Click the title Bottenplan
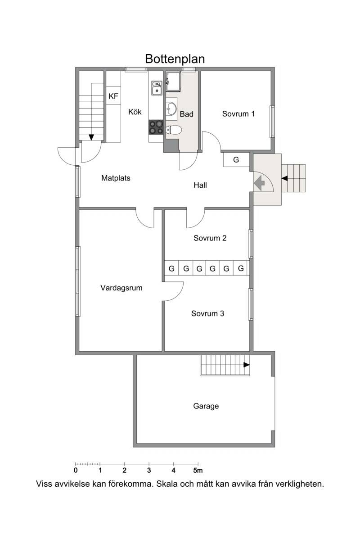(175, 59)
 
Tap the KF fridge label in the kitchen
(113, 96)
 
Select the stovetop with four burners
(156, 127)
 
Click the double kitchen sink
(157, 88)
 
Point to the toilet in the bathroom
(174, 130)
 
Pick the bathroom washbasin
(171, 109)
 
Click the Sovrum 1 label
(238, 114)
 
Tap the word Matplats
(116, 178)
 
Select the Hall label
(200, 185)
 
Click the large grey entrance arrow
(259, 183)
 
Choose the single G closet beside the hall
(236, 159)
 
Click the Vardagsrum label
(121, 288)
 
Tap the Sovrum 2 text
(210, 238)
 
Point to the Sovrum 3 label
(207, 313)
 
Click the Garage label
(206, 406)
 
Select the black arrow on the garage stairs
(247, 365)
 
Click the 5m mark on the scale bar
(198, 471)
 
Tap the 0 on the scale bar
(76, 471)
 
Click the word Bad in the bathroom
(186, 114)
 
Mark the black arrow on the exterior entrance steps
(284, 178)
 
